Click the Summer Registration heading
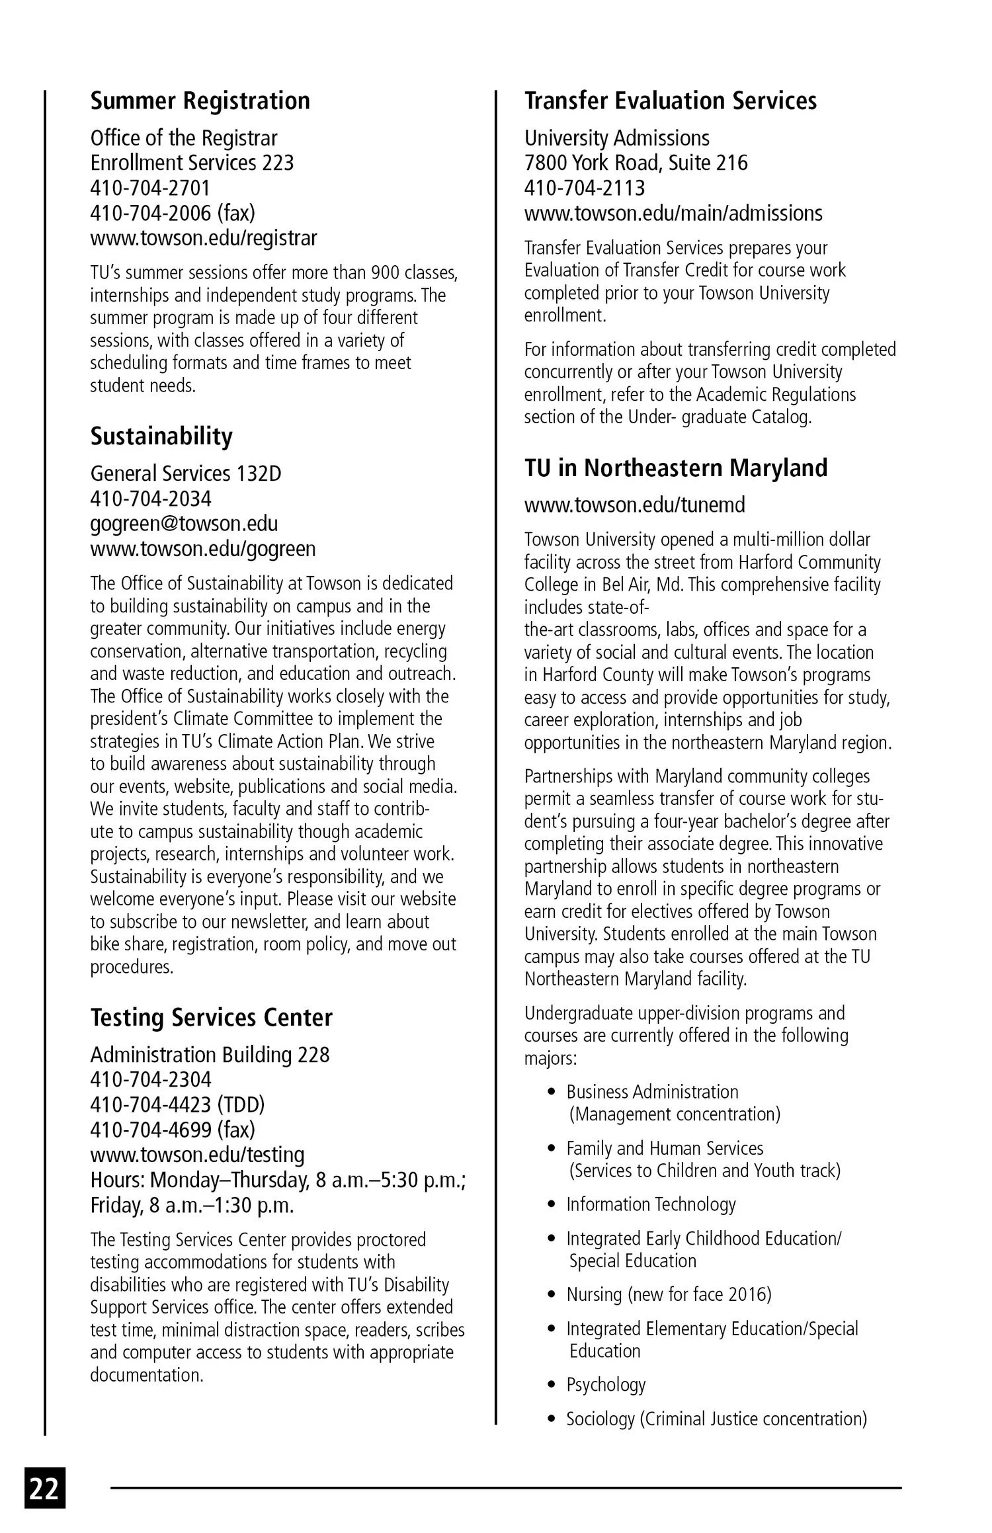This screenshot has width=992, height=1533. click(x=200, y=101)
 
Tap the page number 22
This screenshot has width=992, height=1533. click(x=45, y=1488)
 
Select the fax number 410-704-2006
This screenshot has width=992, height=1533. click(x=173, y=213)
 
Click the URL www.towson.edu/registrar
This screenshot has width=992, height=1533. click(x=203, y=238)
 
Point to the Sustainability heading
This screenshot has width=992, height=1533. click(x=161, y=436)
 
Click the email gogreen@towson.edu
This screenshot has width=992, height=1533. click(x=184, y=524)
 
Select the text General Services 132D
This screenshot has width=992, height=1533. click(x=185, y=474)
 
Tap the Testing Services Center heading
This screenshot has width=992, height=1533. click(x=211, y=1017)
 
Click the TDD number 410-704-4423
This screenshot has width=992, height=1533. click(x=177, y=1104)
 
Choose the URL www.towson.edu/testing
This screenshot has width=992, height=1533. click(x=197, y=1155)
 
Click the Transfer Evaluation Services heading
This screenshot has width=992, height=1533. click(x=670, y=101)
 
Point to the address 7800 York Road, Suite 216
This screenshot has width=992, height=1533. click(x=636, y=163)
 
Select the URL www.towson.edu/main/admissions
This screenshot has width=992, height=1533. click(x=673, y=214)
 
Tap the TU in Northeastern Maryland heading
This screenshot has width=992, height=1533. click(x=675, y=468)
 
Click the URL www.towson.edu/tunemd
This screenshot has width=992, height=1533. click(x=634, y=505)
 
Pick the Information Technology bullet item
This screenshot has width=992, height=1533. click(x=650, y=1204)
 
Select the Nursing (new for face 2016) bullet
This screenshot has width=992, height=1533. click(x=668, y=1294)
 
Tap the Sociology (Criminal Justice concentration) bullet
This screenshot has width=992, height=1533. click(x=716, y=1419)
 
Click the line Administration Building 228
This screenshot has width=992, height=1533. click(x=210, y=1054)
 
